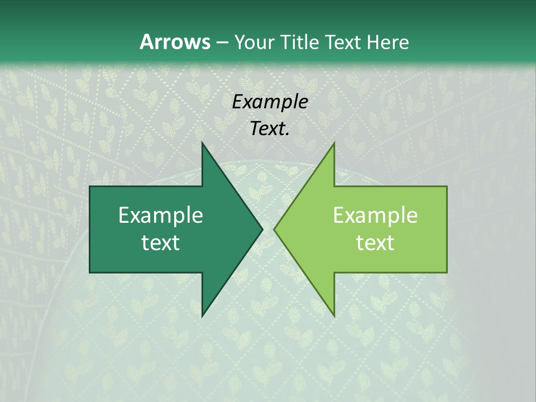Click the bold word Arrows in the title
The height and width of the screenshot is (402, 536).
pyautogui.click(x=175, y=42)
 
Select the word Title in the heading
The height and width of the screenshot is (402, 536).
pyautogui.click(x=300, y=42)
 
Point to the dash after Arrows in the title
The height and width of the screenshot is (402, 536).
pyautogui.click(x=222, y=43)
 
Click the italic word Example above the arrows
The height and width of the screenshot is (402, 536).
pyautogui.click(x=270, y=102)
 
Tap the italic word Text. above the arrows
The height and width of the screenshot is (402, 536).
pyautogui.click(x=270, y=129)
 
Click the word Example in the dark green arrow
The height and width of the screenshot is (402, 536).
pyautogui.click(x=161, y=216)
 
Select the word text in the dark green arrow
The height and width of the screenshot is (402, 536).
pyautogui.click(x=161, y=243)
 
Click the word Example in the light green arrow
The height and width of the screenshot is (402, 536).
pyautogui.click(x=375, y=216)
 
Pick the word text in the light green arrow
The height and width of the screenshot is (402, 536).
pyautogui.click(x=375, y=243)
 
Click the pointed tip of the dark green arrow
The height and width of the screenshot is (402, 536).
pyautogui.click(x=262, y=229)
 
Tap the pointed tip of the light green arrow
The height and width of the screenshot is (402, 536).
pyautogui.click(x=275, y=229)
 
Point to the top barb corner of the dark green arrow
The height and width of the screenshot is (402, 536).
pyautogui.click(x=202, y=143)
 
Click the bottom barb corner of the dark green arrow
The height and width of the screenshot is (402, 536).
pyautogui.click(x=202, y=315)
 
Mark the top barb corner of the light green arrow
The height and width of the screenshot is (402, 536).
pyautogui.click(x=334, y=143)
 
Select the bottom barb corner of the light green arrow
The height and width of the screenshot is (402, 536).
pyautogui.click(x=334, y=315)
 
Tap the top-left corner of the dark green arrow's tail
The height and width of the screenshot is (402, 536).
pyautogui.click(x=90, y=187)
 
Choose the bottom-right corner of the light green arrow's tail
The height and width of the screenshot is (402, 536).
pyautogui.click(x=447, y=272)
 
